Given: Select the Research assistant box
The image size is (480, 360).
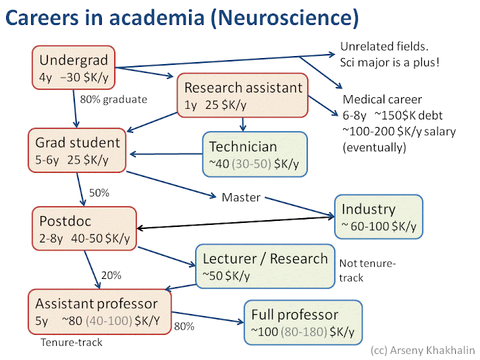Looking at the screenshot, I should [x=243, y=95].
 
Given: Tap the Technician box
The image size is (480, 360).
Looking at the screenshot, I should [x=255, y=155].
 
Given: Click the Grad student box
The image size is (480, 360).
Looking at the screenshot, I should [x=78, y=151].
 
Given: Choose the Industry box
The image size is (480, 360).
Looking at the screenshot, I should [x=379, y=217].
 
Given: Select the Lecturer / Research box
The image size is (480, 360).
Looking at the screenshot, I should [x=265, y=267].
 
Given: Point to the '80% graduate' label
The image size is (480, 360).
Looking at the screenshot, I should [x=113, y=100].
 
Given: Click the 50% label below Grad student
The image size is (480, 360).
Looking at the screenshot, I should [x=99, y=192].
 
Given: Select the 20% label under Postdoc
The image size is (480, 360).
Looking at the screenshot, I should [x=111, y=276].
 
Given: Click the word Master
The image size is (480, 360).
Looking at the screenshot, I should [x=241, y=197].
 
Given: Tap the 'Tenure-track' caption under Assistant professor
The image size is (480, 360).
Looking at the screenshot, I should [x=71, y=342].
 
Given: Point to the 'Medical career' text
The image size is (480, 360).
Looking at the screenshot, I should [x=382, y=99].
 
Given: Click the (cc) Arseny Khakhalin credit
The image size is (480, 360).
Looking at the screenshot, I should [x=423, y=351].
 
